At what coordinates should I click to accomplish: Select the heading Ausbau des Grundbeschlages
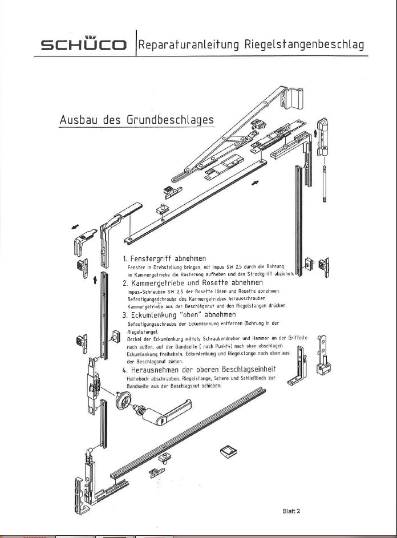click(x=136, y=120)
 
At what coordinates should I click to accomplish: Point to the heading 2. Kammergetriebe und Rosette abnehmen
click(x=193, y=282)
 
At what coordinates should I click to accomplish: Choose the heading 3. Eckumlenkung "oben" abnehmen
click(x=179, y=314)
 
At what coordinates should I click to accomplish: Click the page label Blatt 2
click(x=291, y=511)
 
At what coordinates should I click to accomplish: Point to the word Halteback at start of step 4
click(x=137, y=378)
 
